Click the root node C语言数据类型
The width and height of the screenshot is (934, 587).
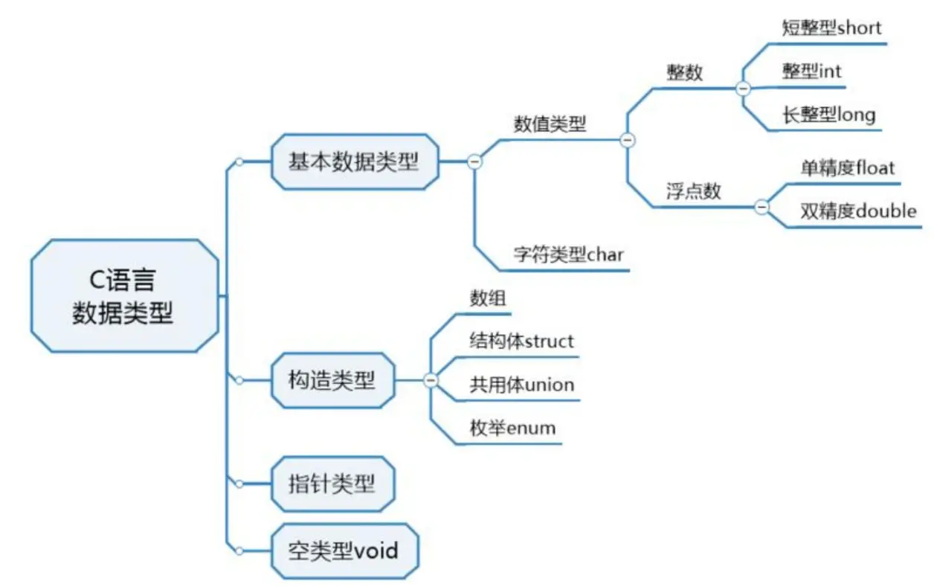coord(125,296)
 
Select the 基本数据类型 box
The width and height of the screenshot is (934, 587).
coord(355,162)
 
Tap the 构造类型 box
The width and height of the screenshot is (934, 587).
coord(332,380)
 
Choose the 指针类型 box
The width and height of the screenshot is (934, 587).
coord(332,484)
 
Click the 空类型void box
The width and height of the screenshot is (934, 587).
coord(344,551)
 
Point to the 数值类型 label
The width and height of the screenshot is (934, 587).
coord(550,124)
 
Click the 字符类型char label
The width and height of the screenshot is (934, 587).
coord(568,254)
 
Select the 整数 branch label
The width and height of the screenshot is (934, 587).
coord(685,73)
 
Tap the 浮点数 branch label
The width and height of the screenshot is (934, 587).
coord(693,191)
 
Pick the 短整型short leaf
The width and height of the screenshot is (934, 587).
coord(831,28)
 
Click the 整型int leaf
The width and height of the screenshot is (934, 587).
coord(811,71)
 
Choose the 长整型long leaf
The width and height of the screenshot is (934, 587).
coord(828,115)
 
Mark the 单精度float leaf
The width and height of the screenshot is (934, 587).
coord(847,168)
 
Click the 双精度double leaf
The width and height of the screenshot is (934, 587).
coord(858,211)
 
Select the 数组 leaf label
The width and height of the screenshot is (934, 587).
coord(488,298)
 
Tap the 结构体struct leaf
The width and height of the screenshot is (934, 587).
coord(521,341)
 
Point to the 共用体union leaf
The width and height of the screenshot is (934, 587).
coord(521,385)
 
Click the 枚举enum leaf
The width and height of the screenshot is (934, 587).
coord(512,428)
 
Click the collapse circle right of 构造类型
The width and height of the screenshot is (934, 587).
coord(431,380)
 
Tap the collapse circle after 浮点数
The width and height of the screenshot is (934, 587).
coord(761,207)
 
